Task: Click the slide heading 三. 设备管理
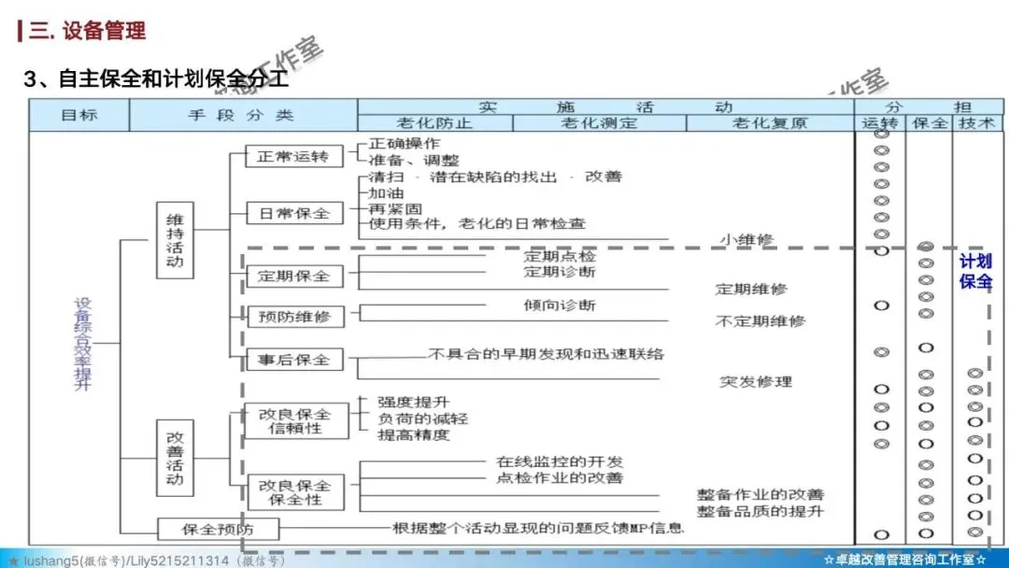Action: pos(87,30)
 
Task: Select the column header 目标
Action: pos(79,116)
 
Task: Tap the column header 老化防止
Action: pos(434,123)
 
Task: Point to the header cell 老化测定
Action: pos(599,123)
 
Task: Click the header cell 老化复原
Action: pos(770,123)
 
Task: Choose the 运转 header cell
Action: pos(880,123)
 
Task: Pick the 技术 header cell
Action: pos(975,123)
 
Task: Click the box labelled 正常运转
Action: pos(293,157)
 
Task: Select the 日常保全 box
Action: pos(293,213)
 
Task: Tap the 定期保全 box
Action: pos(293,277)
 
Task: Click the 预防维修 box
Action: pos(293,317)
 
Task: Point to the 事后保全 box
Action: pos(293,360)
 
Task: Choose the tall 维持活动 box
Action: pos(175,241)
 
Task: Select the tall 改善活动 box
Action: pos(175,458)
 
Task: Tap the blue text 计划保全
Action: pos(974,271)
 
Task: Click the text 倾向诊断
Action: pos(559,305)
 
